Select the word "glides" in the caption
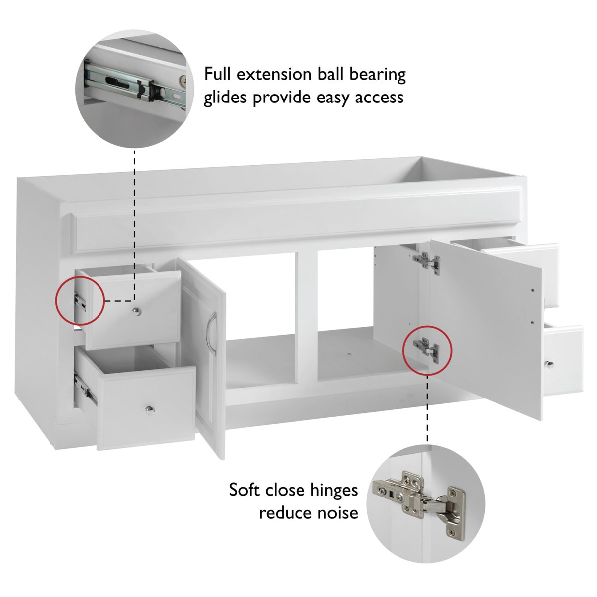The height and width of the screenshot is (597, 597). point(225,98)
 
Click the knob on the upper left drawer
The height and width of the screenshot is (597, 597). point(136,311)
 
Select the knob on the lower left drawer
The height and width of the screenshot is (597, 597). point(150,410)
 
